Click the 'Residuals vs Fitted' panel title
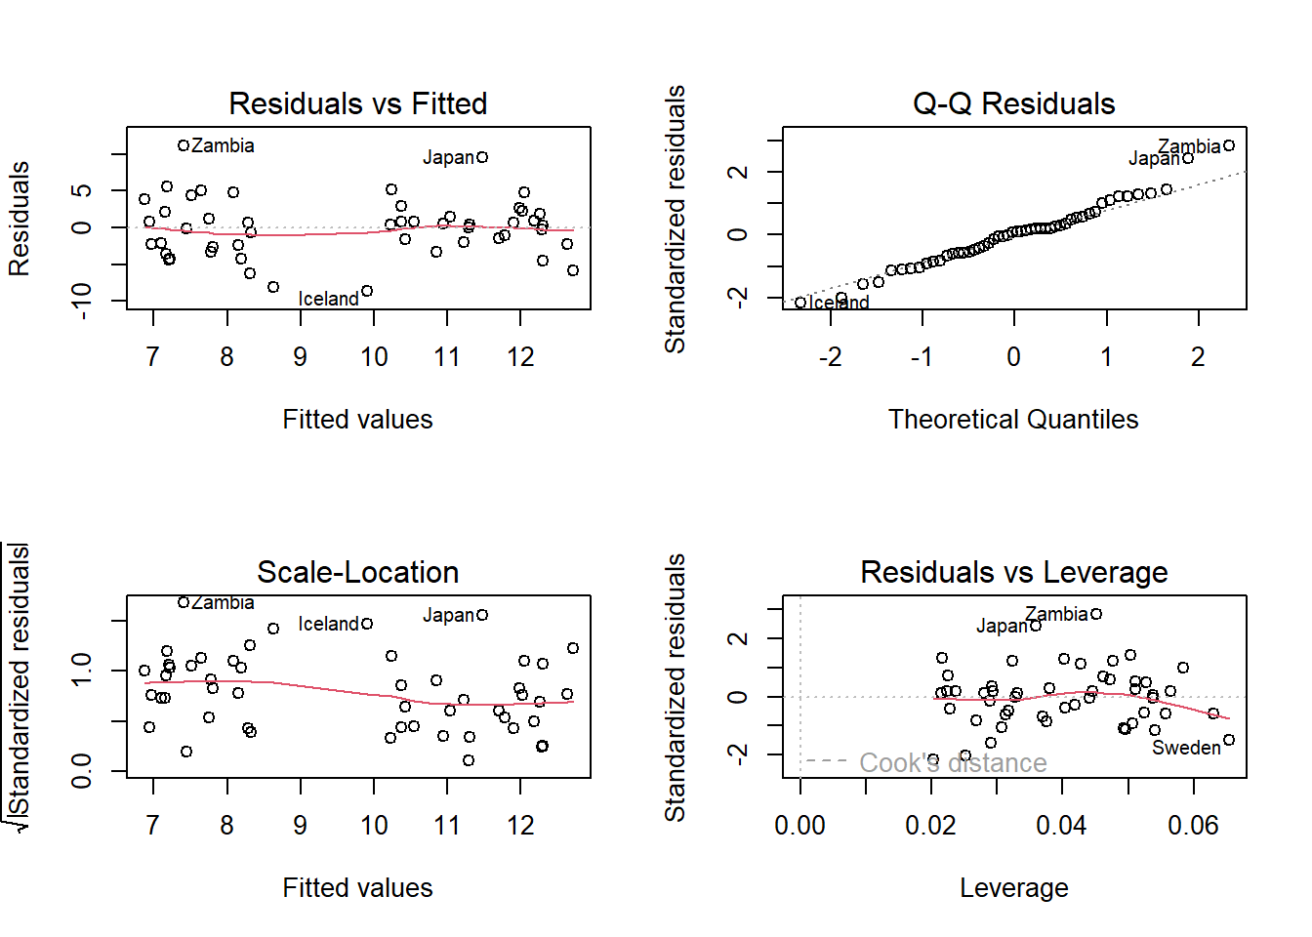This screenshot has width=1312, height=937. tap(357, 103)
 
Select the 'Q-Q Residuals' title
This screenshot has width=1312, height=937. tap(1013, 103)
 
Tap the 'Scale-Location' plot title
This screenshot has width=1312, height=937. tap(357, 572)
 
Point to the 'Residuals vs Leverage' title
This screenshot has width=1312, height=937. tap(1013, 572)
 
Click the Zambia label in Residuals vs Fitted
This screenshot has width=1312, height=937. tap(223, 146)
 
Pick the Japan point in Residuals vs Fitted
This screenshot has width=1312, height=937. tap(482, 157)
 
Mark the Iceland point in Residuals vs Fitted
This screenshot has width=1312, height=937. tap(367, 291)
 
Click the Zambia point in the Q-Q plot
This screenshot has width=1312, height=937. tap(1229, 145)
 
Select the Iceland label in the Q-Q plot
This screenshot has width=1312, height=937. tap(840, 303)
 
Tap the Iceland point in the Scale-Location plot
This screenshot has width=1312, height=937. tap(367, 624)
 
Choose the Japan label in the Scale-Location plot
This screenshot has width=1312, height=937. tap(448, 616)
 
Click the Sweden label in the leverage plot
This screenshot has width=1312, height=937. tap(1186, 749)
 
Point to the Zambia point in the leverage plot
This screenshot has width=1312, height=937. tap(1096, 614)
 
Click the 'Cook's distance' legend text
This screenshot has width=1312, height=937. tap(953, 762)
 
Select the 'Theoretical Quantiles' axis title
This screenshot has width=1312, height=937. tap(1013, 420)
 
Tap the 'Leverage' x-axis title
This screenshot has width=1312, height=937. tap(1013, 888)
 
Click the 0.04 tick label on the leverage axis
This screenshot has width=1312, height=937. tap(1061, 826)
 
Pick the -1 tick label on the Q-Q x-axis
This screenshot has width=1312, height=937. tap(921, 357)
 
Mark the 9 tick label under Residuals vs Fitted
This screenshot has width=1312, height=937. tap(301, 357)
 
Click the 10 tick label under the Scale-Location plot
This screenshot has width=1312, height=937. tap(374, 826)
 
